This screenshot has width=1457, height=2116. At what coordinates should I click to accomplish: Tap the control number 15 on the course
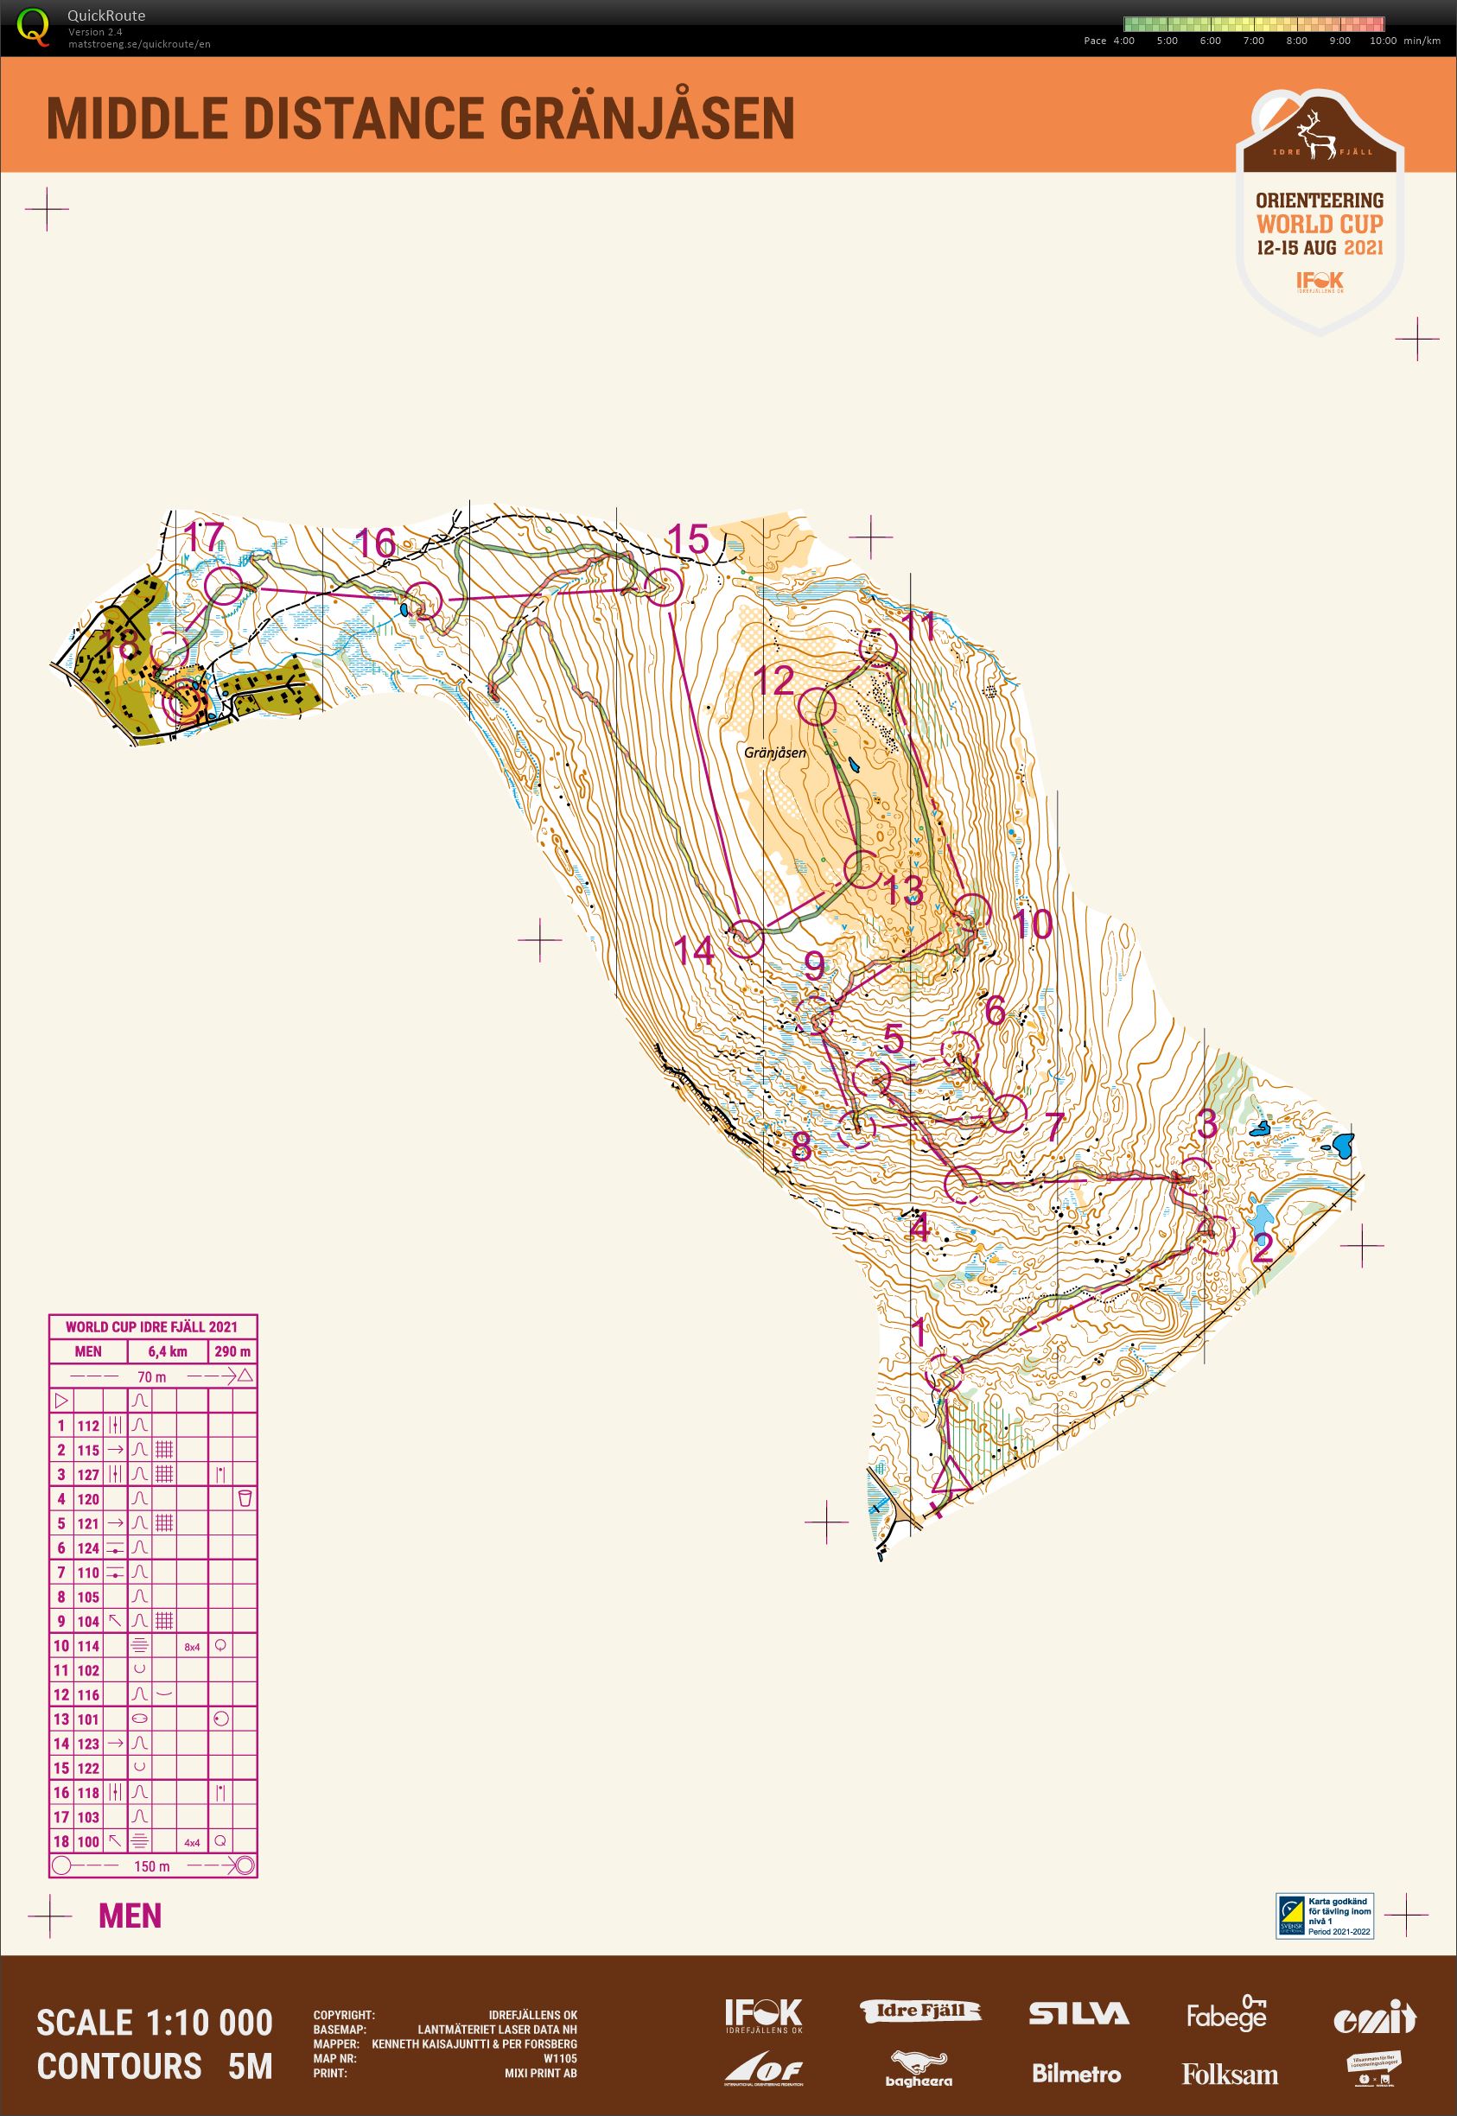[x=689, y=539]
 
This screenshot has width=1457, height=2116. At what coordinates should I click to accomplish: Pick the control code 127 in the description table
[x=88, y=1474]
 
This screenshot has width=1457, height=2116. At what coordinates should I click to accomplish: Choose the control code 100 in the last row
[x=88, y=1841]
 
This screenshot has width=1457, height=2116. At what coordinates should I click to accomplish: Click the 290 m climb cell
[x=232, y=1352]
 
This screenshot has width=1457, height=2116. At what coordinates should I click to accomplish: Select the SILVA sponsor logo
[x=1079, y=2014]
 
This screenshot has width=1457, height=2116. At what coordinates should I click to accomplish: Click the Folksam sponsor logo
[x=1229, y=2074]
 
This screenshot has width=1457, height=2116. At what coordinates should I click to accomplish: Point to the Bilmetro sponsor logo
[x=1076, y=2073]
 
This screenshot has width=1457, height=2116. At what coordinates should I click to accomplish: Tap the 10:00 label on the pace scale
[x=1383, y=40]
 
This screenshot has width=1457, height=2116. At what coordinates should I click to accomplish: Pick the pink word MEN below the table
[x=130, y=1916]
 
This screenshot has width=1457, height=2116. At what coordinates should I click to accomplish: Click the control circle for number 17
[x=224, y=586]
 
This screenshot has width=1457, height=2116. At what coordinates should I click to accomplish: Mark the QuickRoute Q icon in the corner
[x=34, y=25]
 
